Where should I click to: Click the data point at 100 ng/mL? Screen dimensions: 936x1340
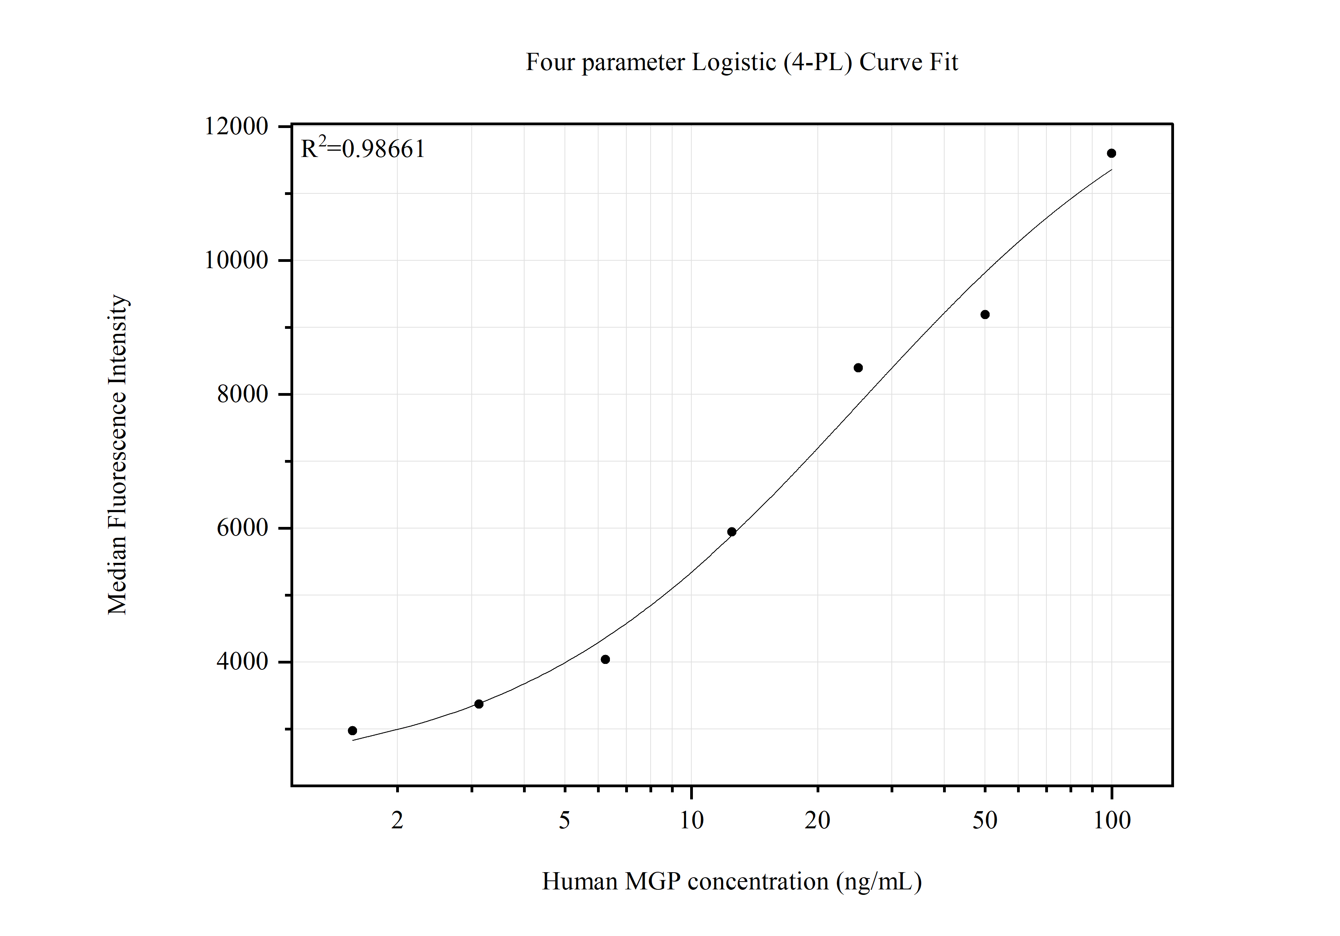coord(1111,153)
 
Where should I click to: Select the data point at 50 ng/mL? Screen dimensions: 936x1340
coord(985,314)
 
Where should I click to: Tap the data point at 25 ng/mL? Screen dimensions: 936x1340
coord(858,368)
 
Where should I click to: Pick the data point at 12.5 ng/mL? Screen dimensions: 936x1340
coord(732,532)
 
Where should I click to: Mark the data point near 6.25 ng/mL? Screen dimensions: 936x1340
coord(605,659)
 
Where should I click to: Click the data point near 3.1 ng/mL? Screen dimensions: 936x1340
coord(478,704)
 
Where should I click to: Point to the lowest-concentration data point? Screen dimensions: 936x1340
coord(352,730)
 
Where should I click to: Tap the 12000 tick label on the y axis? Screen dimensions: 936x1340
coord(236,126)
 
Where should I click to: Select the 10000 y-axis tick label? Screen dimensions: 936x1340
coord(236,260)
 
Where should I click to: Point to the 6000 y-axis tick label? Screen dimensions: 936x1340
coord(242,528)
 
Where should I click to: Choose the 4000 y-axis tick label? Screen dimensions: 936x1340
coord(242,661)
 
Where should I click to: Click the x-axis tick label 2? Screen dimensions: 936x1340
coord(397,821)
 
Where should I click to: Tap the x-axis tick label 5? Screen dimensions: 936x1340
coord(564,821)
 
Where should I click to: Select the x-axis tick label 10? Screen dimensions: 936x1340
coord(692,821)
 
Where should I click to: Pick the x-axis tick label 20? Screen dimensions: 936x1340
coord(818,821)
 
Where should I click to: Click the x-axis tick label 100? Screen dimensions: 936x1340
coord(1112,821)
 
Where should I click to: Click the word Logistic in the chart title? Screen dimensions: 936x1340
coord(734,62)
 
